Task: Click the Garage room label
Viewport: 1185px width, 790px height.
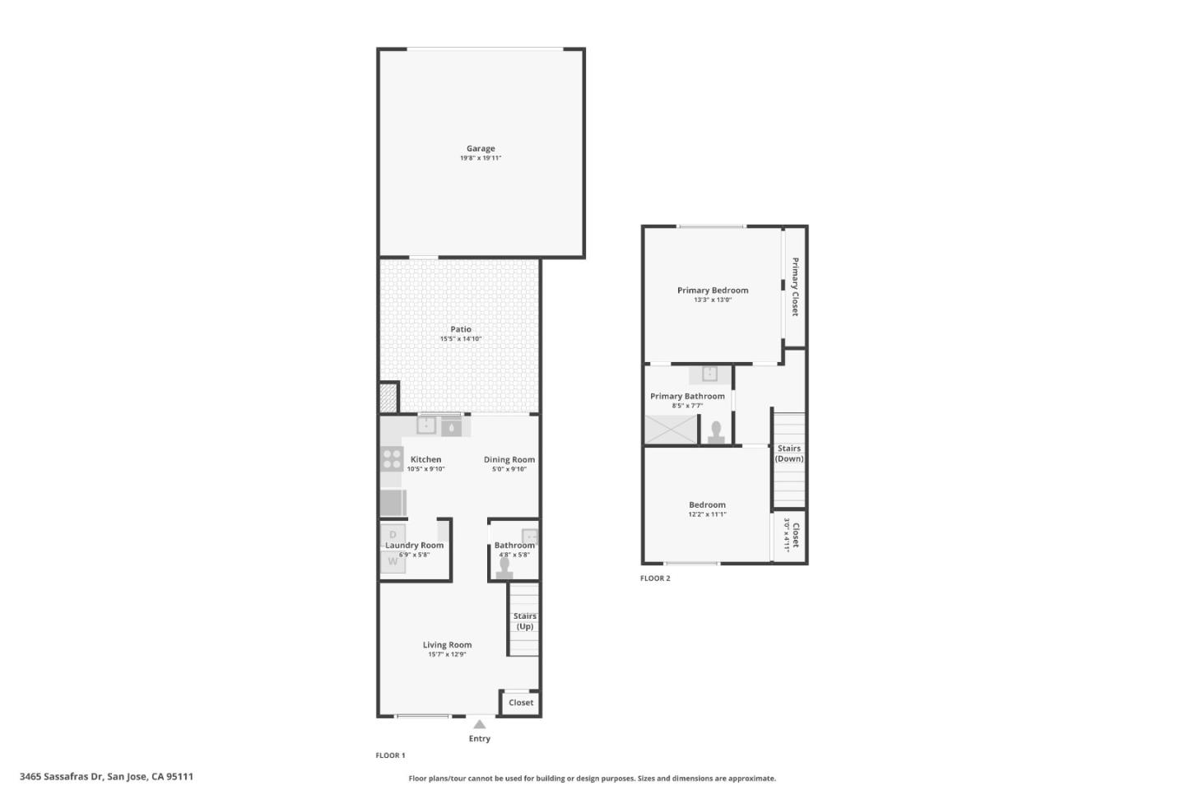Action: (481, 149)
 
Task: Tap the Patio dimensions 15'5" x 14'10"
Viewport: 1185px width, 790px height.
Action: (461, 339)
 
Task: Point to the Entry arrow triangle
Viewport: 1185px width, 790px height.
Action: (479, 724)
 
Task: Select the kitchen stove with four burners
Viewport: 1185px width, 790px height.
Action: (392, 458)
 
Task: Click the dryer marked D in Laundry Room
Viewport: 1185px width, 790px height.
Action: (393, 535)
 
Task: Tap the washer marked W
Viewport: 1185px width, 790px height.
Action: (393, 561)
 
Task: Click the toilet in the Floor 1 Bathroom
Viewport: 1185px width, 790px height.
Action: (504, 569)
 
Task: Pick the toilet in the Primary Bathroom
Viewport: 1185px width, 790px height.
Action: (716, 432)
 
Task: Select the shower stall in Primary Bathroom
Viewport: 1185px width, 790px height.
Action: (671, 430)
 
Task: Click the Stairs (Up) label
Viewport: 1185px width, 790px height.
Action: (525, 621)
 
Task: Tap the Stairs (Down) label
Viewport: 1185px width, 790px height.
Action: (788, 453)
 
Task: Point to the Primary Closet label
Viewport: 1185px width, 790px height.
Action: (795, 287)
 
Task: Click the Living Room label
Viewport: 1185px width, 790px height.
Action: (447, 644)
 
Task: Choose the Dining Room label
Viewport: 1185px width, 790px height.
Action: (509, 459)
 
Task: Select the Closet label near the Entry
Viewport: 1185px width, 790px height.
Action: (521, 702)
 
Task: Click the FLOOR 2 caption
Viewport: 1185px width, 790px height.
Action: (655, 578)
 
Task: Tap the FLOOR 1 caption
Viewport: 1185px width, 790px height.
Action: (390, 755)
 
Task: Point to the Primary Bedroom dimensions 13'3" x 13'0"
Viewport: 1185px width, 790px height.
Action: (713, 300)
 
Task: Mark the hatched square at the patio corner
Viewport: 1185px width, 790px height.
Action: (388, 397)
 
